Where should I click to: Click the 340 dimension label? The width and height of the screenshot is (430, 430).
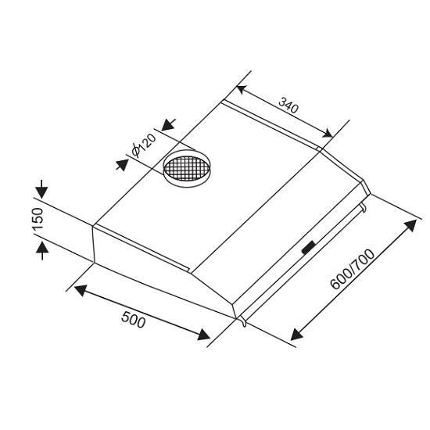coord(288,105)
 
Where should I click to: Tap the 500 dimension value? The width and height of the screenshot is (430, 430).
coord(133,319)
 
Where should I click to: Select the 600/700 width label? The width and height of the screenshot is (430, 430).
coord(353,269)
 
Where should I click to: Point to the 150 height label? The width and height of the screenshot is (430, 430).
coord(38,219)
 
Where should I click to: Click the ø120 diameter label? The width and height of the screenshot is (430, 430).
coord(144,145)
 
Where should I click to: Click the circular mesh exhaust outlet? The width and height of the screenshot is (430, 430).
coord(187,168)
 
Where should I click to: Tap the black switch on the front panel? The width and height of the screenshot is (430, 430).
coord(309,248)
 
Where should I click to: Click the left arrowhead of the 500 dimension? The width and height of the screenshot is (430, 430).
coord(81,290)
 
